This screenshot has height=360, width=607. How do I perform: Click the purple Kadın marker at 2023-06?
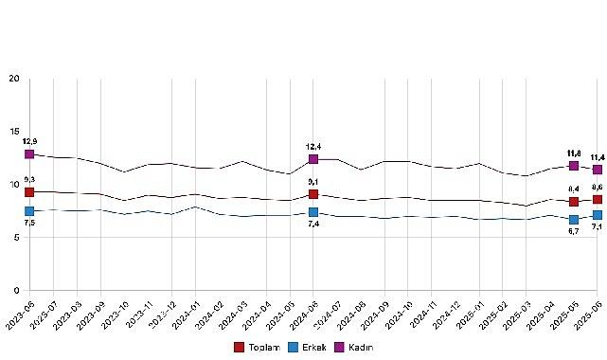pyautogui.click(x=29, y=153)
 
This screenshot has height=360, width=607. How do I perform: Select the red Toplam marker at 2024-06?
pyautogui.click(x=313, y=194)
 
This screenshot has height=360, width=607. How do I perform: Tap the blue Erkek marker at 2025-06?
pyautogui.click(x=598, y=215)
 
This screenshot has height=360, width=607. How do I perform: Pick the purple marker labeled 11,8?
pyautogui.click(x=574, y=166)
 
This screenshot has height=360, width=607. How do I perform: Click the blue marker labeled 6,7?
pyautogui.click(x=574, y=220)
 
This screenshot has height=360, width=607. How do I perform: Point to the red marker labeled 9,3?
pyautogui.click(x=29, y=192)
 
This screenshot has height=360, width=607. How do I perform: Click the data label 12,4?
pyautogui.click(x=313, y=147)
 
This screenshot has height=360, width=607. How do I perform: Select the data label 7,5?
pyautogui.click(x=29, y=224)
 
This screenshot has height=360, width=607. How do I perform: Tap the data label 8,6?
pyautogui.click(x=598, y=188)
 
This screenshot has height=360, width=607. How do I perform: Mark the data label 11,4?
pyautogui.click(x=598, y=157)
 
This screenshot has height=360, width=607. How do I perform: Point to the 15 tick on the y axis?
pyautogui.click(x=14, y=131)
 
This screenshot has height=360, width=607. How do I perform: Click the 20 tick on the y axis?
pyautogui.click(x=14, y=78)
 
